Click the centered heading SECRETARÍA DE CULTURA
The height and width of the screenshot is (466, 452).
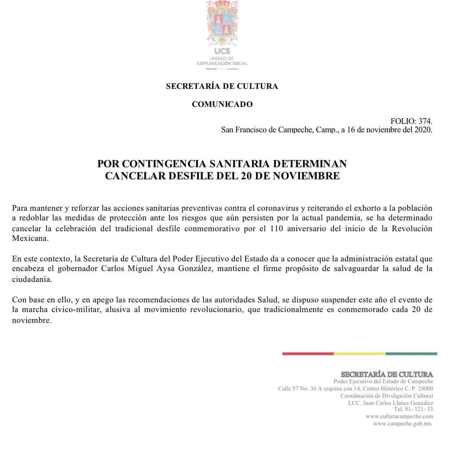(222, 86)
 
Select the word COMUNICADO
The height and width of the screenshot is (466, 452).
(222, 104)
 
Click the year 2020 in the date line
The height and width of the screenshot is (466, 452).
(422, 130)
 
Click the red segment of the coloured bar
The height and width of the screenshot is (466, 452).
(308, 354)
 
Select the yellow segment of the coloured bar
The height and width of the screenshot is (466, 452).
(360, 354)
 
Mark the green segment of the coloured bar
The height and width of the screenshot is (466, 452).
(411, 354)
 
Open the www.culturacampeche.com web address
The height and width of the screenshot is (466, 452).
(399, 417)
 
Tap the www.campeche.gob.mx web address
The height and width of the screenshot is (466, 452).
(402, 424)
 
